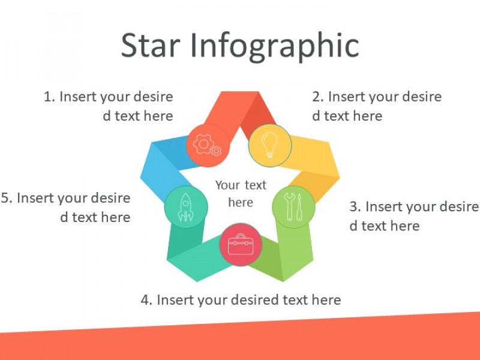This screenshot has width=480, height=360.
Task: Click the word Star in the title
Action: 151,46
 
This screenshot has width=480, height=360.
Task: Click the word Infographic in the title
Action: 275,47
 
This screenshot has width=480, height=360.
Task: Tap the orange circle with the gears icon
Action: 208,145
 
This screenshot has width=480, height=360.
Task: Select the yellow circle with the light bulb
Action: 269,145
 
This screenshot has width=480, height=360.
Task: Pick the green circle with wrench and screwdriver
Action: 294,207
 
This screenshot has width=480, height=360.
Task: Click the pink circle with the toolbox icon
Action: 241,245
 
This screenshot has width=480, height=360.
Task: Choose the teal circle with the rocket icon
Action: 186,207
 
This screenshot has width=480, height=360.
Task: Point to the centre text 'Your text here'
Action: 241,193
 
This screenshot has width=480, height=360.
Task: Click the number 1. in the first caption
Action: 50,97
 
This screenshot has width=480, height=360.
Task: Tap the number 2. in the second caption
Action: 318,97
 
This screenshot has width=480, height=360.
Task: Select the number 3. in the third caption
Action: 355,206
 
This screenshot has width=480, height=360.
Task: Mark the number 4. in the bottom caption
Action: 146,300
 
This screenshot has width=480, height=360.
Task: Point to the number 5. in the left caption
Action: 7,198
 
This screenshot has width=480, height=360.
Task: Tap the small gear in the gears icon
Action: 217,151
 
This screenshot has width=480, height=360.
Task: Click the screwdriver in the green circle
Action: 299,207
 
